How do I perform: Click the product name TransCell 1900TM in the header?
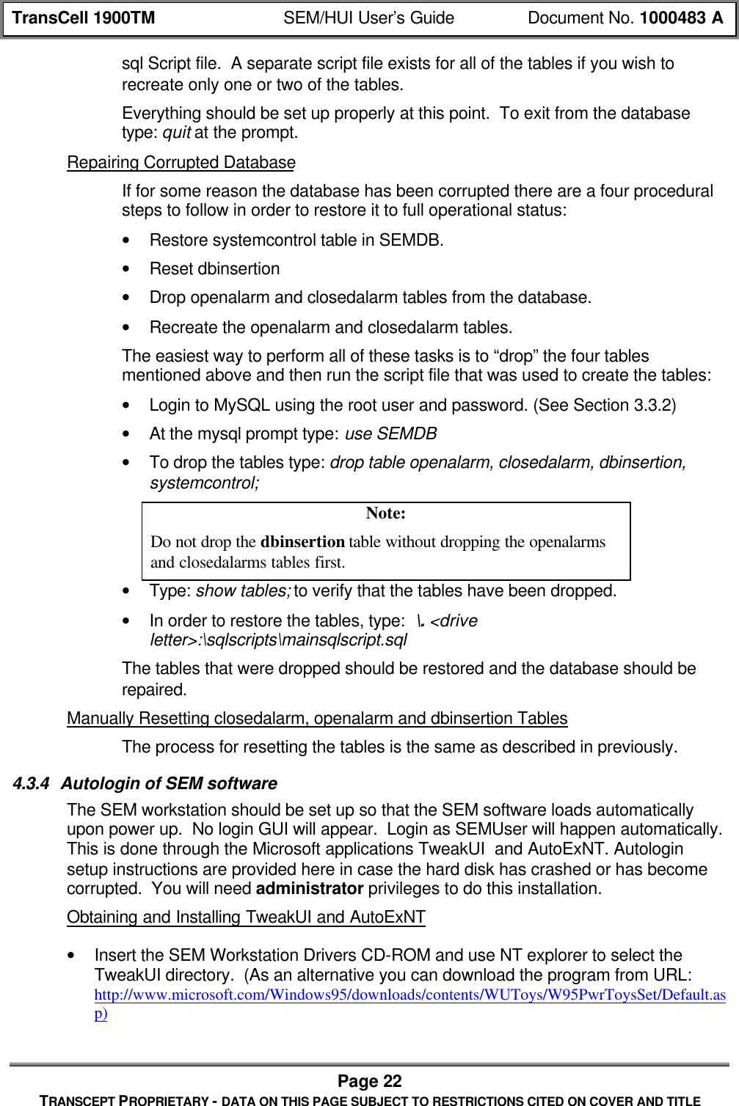pyautogui.click(x=84, y=18)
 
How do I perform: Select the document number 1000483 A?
pyautogui.click(x=680, y=18)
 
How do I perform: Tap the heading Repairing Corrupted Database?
pyautogui.click(x=181, y=163)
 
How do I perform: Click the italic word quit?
pyautogui.click(x=177, y=133)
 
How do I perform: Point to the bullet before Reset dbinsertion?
pyautogui.click(x=129, y=269)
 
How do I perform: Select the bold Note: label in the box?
pyautogui.click(x=385, y=513)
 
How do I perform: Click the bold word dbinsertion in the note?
pyautogui.click(x=302, y=542)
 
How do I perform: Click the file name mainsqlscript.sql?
pyautogui.click(x=345, y=640)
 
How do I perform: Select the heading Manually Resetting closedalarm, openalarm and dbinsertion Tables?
pyautogui.click(x=317, y=719)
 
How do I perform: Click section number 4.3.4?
pyautogui.click(x=32, y=784)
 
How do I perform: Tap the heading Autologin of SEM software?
pyautogui.click(x=169, y=784)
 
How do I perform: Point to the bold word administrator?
pyautogui.click(x=309, y=889)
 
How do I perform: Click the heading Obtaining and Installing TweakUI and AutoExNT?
pyautogui.click(x=246, y=918)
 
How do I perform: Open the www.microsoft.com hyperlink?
pyautogui.click(x=409, y=995)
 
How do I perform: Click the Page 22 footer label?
pyautogui.click(x=369, y=1081)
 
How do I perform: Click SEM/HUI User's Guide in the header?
pyautogui.click(x=368, y=18)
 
